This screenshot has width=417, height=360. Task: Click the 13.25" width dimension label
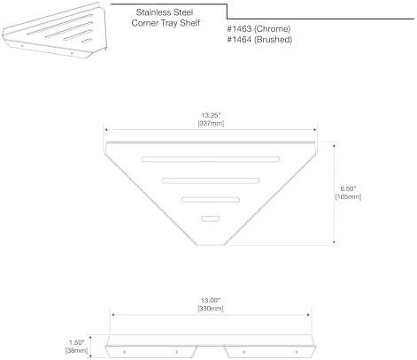point(211,115)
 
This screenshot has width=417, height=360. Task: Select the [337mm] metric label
point(211,124)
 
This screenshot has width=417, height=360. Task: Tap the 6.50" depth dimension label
point(348,188)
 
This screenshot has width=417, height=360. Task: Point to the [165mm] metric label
point(348,196)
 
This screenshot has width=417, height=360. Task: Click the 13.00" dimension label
point(211,301)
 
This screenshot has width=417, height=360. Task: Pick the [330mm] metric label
point(211,309)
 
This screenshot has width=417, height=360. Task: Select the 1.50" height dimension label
point(77,342)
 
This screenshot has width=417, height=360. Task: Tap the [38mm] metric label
point(77,351)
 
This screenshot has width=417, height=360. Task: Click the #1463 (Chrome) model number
point(259,29)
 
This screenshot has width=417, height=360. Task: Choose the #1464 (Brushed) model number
point(259,40)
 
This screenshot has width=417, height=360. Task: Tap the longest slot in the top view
point(211,159)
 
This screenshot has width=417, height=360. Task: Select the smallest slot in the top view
point(211,218)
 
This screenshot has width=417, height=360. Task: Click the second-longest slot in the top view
point(211,180)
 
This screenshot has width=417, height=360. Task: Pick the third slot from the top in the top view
point(211,200)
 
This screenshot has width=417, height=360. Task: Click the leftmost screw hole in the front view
point(124,352)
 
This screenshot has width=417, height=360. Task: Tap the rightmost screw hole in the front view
point(297,352)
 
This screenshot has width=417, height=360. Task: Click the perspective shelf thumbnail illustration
point(55,31)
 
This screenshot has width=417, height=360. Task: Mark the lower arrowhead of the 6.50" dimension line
point(334,242)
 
